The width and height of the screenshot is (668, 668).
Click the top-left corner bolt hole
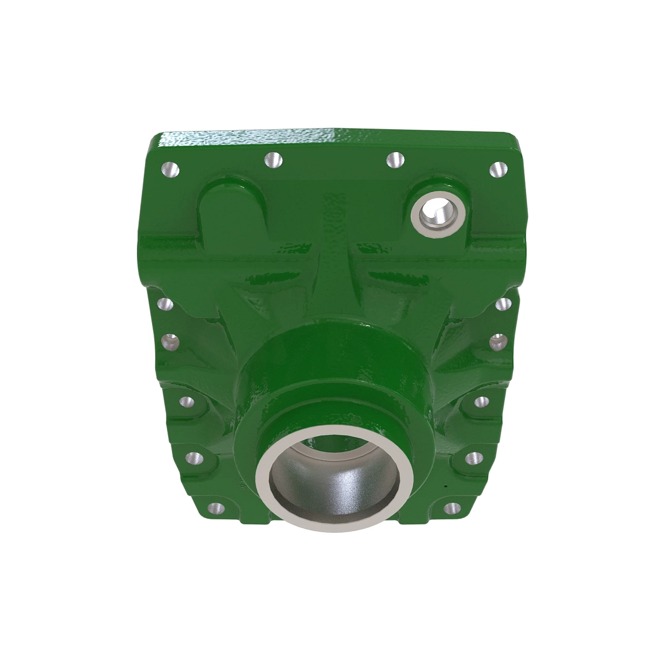pos(170,168)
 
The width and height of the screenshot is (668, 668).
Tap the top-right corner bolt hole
pos(498,169)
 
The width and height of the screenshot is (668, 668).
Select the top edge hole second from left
pos(273,160)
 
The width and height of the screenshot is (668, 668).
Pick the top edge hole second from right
pos(395,160)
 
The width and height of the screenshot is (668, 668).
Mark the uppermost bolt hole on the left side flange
pos(164,304)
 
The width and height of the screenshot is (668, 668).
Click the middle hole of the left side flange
pos(185,401)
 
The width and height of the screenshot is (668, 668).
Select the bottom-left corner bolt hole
pos(215,508)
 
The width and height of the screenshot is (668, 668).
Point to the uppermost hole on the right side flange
pos(503,304)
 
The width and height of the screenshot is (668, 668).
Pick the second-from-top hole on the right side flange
pos(498,340)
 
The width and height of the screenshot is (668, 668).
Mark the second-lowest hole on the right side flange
pos(473,458)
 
